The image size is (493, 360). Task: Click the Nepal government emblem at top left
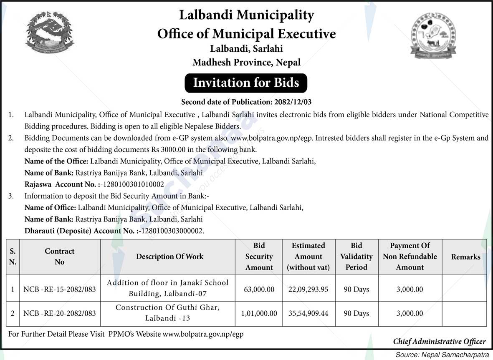[50, 33]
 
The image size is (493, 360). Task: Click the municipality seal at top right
[433, 35]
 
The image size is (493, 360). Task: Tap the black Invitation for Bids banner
[246, 83]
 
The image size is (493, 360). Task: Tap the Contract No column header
[60, 257]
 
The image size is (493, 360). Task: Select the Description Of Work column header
[169, 257]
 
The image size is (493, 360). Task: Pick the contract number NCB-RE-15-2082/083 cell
[60, 289]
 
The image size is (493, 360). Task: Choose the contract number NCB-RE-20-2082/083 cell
[60, 313]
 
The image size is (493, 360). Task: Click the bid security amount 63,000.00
[259, 289]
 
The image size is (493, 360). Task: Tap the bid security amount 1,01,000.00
[259, 313]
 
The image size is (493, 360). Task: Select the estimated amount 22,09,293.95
[308, 289]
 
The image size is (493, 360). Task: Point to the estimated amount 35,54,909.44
[308, 313]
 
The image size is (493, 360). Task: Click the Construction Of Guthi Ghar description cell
[167, 312]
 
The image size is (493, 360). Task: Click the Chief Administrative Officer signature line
[439, 341]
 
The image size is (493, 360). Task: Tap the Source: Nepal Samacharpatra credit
[442, 355]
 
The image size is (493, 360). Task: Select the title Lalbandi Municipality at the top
[246, 15]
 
